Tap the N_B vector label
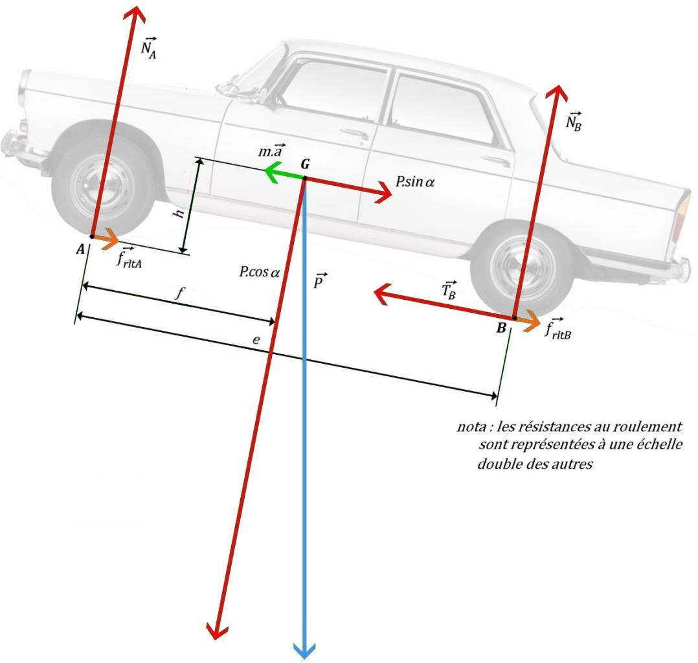coord(573,121)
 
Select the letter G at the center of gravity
coord(304,164)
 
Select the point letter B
coord(501,329)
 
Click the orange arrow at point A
coord(107,240)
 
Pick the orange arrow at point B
coord(529,320)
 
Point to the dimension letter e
coord(257,341)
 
